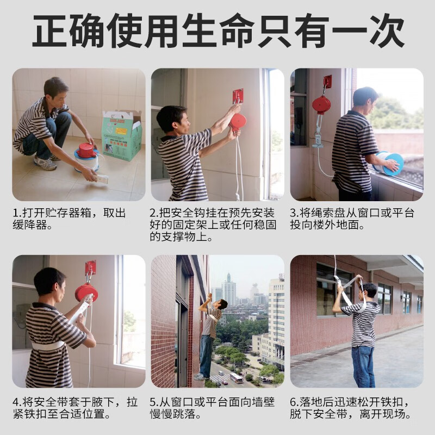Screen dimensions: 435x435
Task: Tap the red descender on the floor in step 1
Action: coord(86,150)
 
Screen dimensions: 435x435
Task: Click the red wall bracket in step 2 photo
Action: coord(238,96)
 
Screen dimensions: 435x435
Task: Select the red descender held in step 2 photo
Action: coord(238,121)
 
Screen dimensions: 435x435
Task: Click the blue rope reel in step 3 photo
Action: coord(390,163)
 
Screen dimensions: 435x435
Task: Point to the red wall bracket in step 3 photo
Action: coord(327,82)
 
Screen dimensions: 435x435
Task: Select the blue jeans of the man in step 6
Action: coord(363,366)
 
